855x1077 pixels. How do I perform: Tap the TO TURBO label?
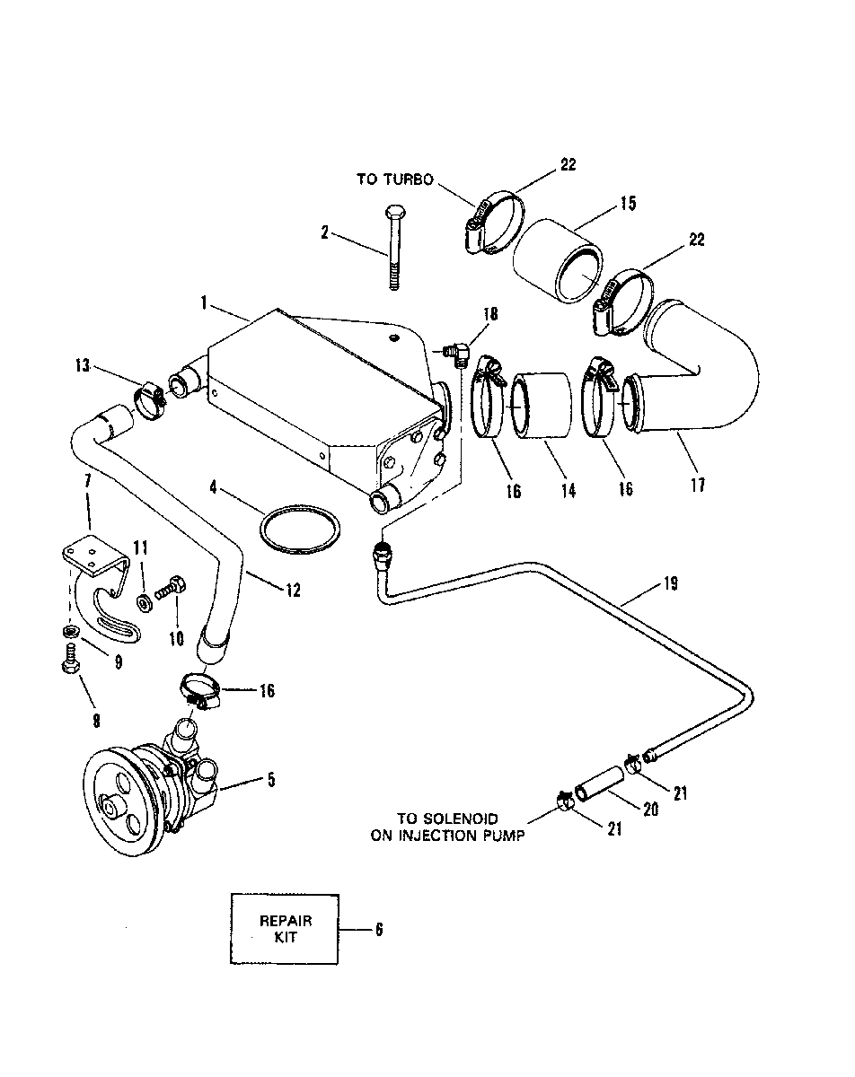pos(394,179)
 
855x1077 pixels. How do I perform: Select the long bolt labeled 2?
pos(393,247)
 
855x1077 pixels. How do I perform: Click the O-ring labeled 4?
pos(300,530)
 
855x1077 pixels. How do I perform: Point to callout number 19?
pos(670,583)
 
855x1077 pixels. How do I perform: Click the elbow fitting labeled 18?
pos(457,353)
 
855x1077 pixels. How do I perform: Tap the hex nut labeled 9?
pos(71,631)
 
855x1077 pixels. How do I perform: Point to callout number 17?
pos(698,485)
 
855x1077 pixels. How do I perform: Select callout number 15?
pos(628,204)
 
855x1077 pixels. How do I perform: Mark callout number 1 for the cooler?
pos(204,302)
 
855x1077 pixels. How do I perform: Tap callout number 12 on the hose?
pos(293,591)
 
